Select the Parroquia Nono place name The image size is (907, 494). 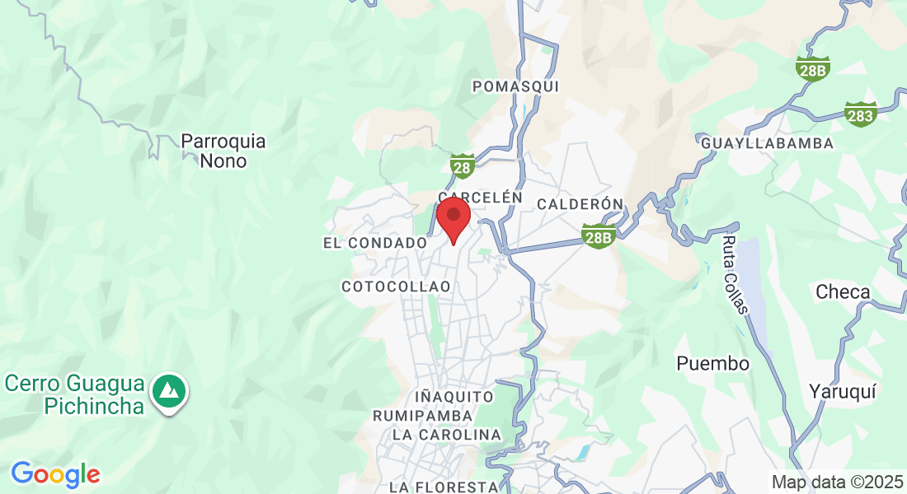point(223,151)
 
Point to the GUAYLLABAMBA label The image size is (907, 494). point(767,143)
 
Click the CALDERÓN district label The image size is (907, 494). point(579,203)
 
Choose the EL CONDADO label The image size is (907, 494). point(375,243)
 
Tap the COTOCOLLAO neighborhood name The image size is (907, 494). point(396,287)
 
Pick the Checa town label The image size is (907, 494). point(843,291)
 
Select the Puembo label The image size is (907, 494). point(712,363)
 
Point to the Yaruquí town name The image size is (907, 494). point(839,390)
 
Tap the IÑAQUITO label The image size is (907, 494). point(454,397)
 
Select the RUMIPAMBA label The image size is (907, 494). point(423,416)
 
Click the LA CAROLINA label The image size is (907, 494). point(446,435)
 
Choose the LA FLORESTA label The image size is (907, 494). point(444,487)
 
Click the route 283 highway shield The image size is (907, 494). point(860,114)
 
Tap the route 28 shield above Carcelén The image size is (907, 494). point(462,167)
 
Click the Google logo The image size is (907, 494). point(55,474)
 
